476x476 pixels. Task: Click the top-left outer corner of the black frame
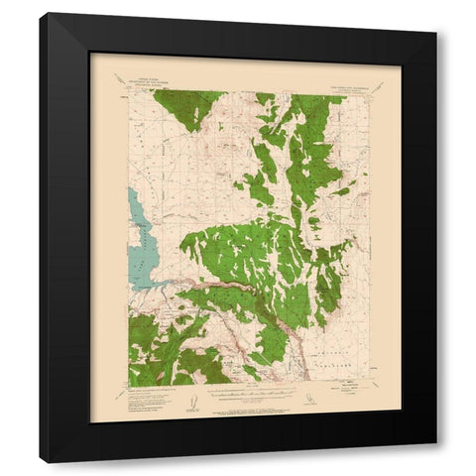[x=41, y=14]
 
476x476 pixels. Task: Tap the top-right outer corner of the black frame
[x=435, y=14]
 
